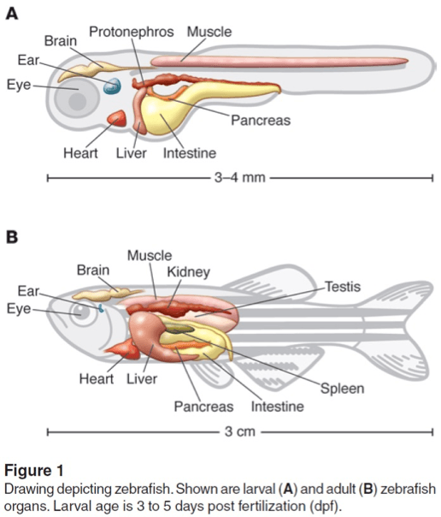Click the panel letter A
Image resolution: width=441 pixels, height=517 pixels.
tap(13, 14)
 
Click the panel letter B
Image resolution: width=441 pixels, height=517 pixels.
tap(13, 236)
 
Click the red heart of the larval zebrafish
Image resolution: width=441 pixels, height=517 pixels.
tap(116, 120)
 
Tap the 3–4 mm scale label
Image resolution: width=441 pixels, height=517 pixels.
tap(236, 178)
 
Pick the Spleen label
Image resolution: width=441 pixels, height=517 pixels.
tap(342, 389)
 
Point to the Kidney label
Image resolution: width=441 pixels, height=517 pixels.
tap(188, 271)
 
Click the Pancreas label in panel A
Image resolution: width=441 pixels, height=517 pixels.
tap(260, 121)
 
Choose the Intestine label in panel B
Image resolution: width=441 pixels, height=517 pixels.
tap(277, 406)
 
